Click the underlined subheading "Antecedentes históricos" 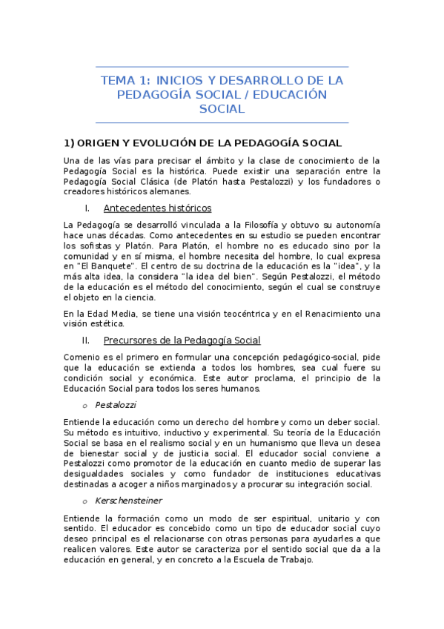coord(157,208)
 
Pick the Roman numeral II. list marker coord(86,340)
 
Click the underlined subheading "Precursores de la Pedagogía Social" coord(182,340)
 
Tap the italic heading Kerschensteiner coord(128,501)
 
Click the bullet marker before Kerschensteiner coord(85,501)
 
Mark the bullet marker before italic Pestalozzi coord(85,406)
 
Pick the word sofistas coord(93,246)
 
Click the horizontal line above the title coord(222,67)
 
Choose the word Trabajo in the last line coord(295,560)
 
